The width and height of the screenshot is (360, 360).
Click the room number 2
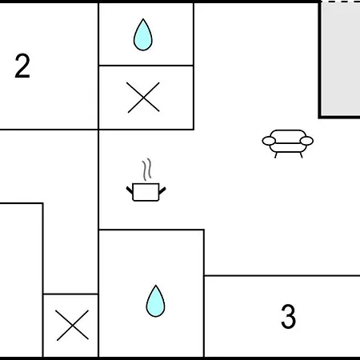22,66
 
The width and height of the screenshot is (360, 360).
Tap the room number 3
288,316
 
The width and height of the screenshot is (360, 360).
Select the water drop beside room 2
143,34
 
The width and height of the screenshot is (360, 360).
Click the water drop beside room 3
155,301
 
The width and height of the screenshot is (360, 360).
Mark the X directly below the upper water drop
143,98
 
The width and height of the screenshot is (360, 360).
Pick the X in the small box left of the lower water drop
72,326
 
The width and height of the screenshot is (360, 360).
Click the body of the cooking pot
146,192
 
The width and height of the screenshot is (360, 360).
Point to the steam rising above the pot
146,170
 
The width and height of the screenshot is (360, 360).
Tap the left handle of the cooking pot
130,190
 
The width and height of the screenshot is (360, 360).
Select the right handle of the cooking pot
162,190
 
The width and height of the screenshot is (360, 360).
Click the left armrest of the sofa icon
269,141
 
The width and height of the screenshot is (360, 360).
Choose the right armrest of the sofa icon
306,141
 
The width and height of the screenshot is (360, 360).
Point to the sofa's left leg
276,155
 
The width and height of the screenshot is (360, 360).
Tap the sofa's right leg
301,155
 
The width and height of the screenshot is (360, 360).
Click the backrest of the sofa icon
288,134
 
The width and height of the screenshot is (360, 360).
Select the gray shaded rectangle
341,58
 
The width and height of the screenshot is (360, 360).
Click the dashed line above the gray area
340,2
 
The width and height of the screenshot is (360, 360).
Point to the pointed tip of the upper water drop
143,18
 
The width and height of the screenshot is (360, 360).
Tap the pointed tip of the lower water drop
156,286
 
